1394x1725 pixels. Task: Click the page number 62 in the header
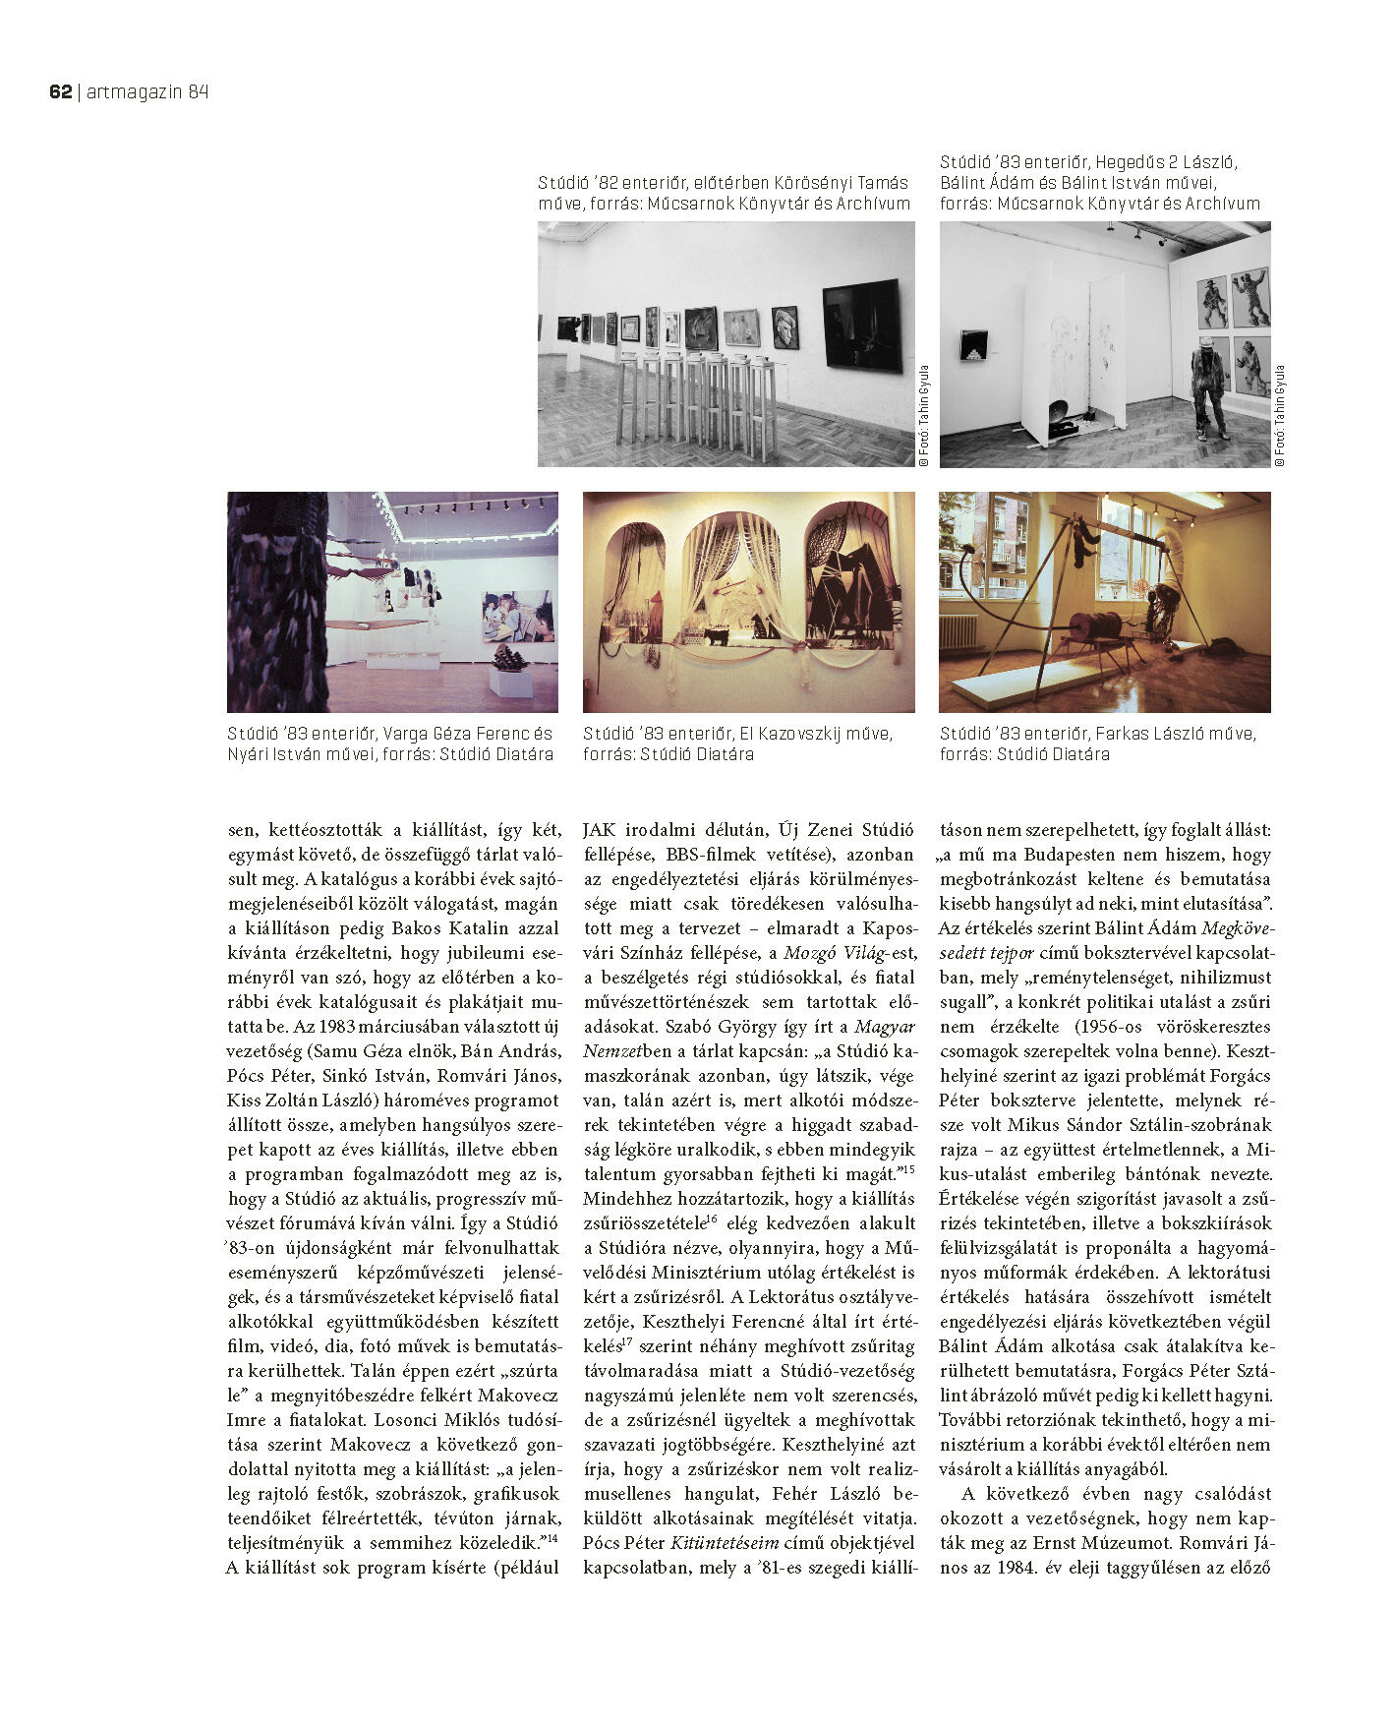pos(60,92)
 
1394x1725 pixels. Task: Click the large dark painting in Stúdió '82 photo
pos(861,325)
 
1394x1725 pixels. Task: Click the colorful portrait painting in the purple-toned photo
pos(517,618)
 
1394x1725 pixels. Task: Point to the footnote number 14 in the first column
pos(552,1538)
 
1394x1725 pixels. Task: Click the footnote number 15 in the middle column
pos(908,1169)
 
